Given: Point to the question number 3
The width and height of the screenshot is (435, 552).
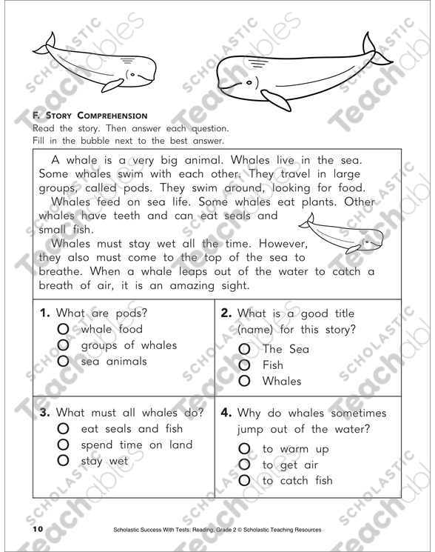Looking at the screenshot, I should click(44, 412).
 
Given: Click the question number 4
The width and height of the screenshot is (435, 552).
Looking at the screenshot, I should click(226, 412).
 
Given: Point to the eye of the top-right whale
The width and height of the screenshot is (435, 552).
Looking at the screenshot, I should click(249, 82).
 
